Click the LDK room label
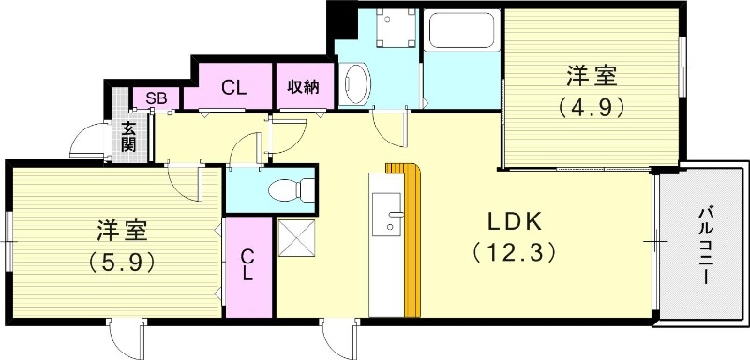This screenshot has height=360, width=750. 510,223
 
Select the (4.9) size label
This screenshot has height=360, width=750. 592,107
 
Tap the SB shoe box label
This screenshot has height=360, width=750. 150,97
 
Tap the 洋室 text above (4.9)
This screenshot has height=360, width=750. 592,74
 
